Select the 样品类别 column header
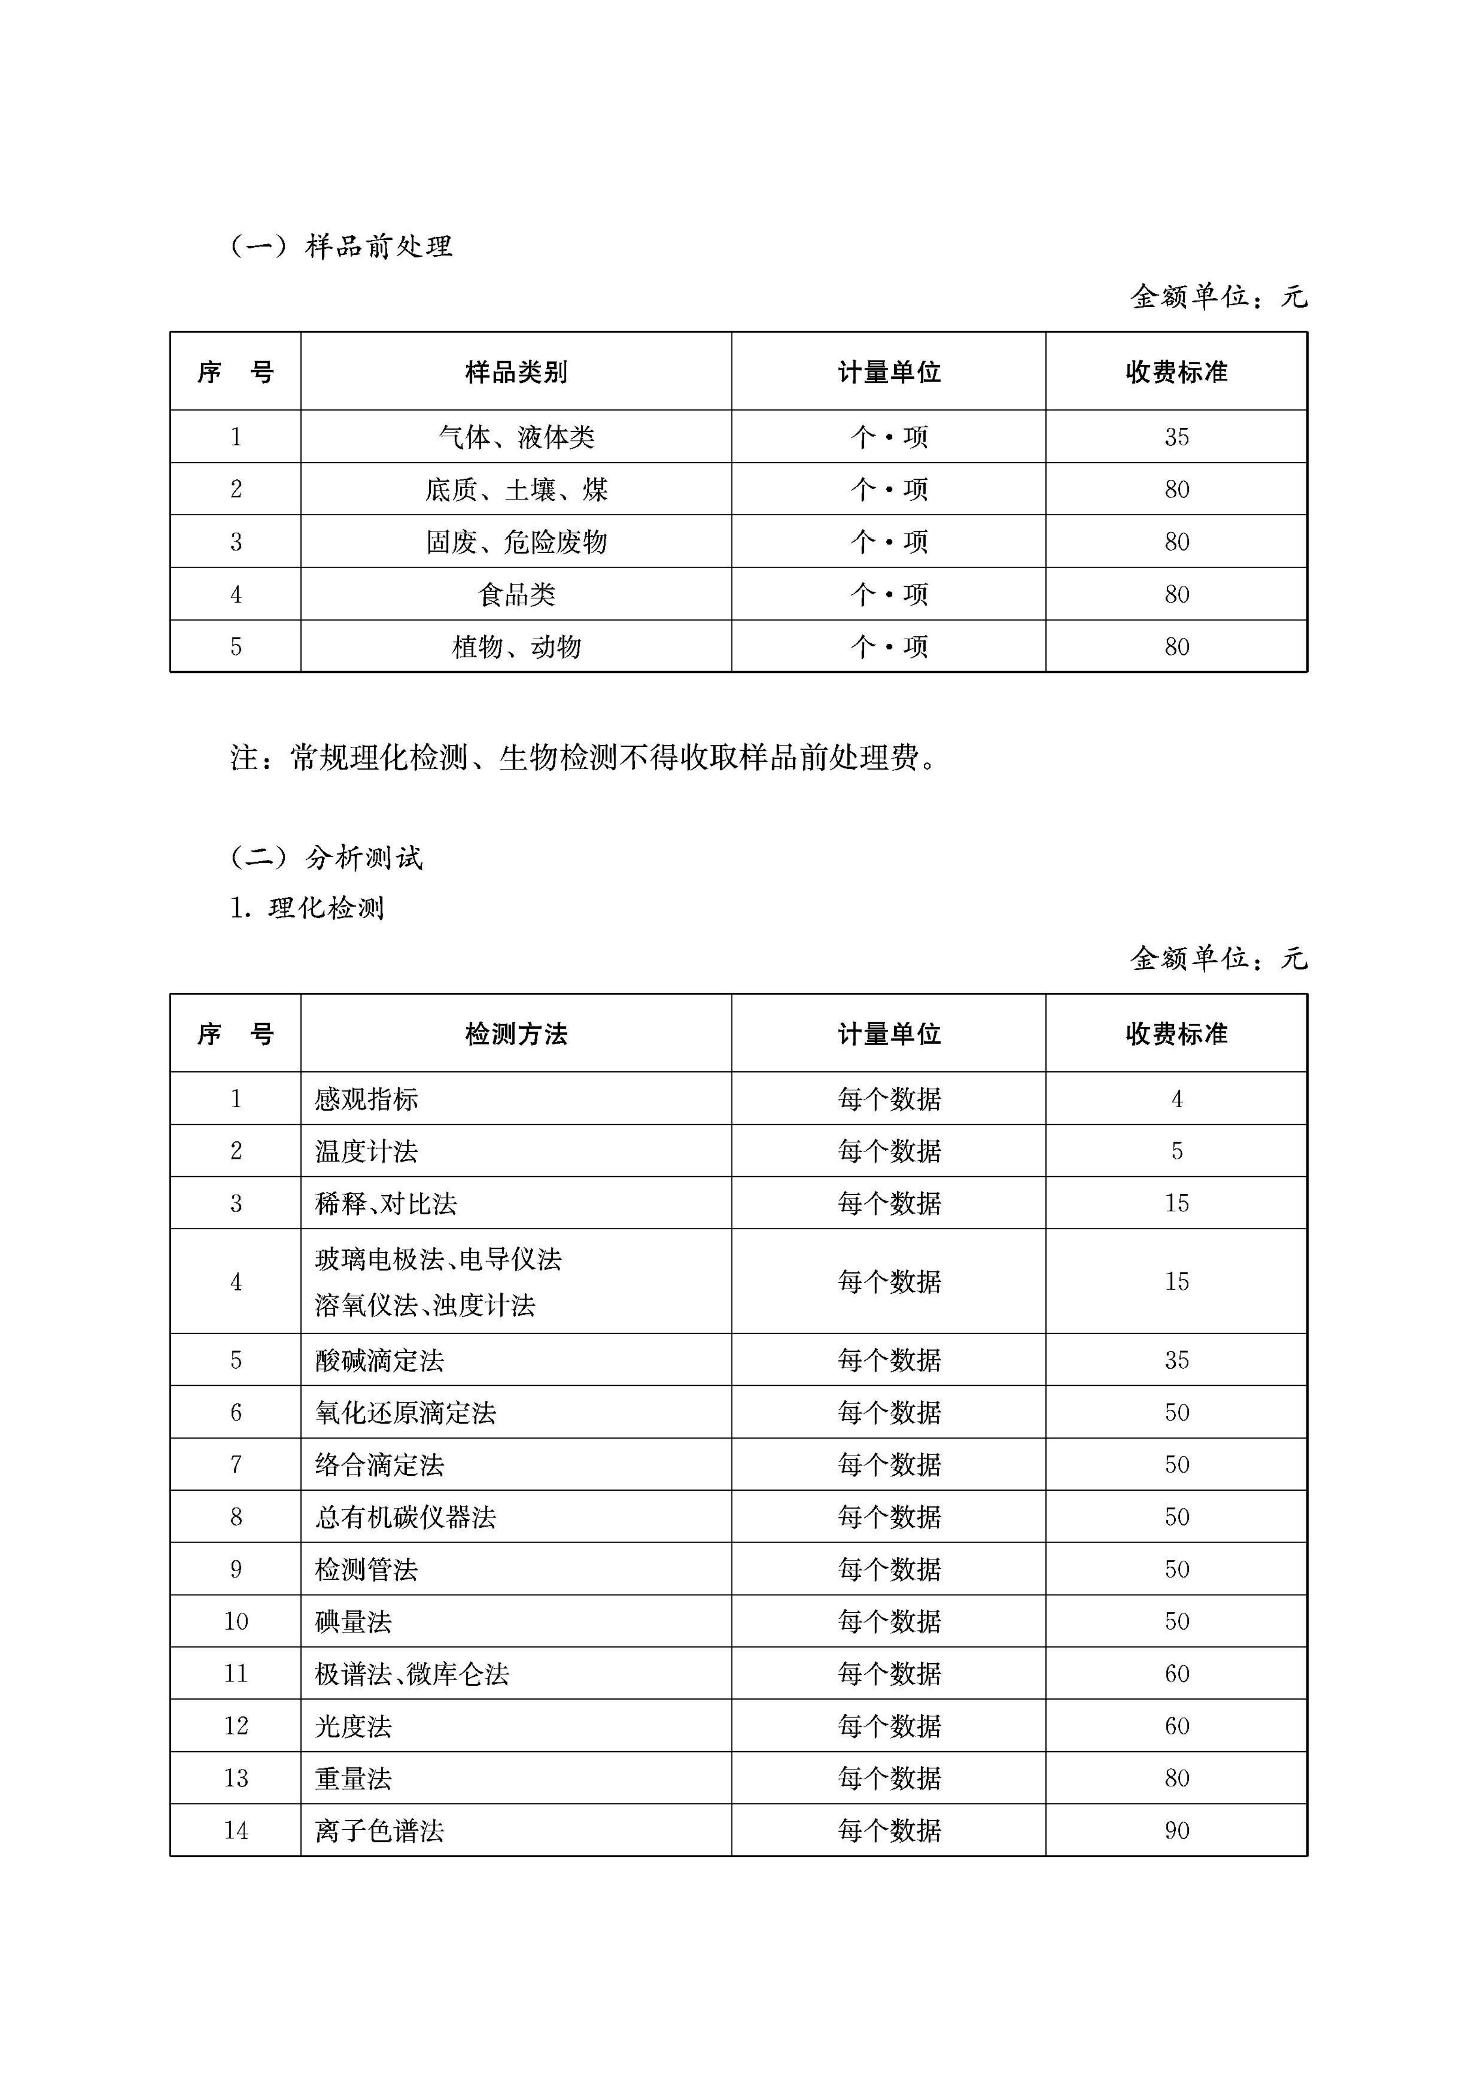pyautogui.click(x=516, y=372)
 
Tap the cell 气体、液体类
pyautogui.click(x=516, y=437)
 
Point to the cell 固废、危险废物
pyautogui.click(x=516, y=542)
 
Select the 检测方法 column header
pyautogui.click(x=516, y=1034)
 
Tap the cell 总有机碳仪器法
pyautogui.click(x=405, y=1517)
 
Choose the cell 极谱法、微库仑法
pyautogui.click(x=412, y=1674)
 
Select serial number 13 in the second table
pyautogui.click(x=236, y=1778)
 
